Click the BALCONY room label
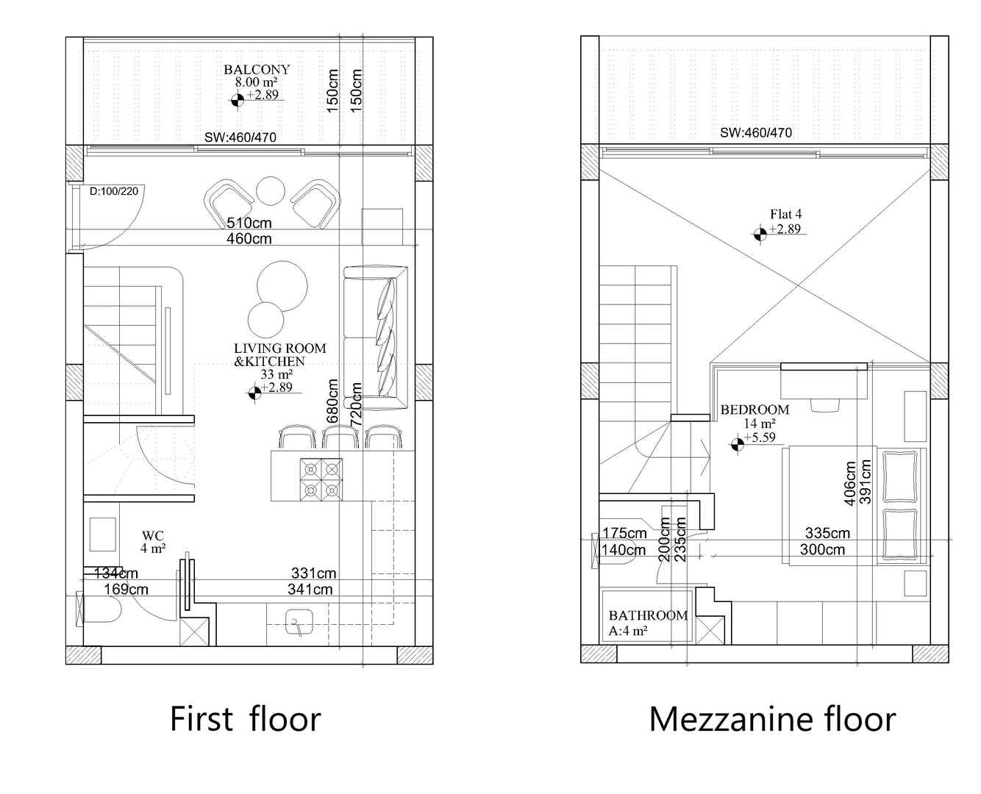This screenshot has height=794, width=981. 257,70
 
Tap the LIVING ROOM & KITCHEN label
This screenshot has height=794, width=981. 280,355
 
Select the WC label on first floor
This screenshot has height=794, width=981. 153,536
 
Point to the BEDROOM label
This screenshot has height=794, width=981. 755,409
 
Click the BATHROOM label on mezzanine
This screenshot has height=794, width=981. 648,615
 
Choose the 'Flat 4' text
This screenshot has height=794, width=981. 785,214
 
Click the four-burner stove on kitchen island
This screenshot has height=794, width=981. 321,479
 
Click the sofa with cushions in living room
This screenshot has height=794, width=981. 376,337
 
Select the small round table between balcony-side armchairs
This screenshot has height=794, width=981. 271,191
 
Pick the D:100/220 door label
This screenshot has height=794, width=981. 114,191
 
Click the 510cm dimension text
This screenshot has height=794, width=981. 249,223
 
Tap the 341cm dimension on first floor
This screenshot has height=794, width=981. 310,589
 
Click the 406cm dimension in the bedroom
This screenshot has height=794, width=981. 850,483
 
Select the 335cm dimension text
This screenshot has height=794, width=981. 827,533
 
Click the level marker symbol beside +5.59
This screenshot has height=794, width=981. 737,445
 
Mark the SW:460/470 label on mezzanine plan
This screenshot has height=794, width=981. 756,132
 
